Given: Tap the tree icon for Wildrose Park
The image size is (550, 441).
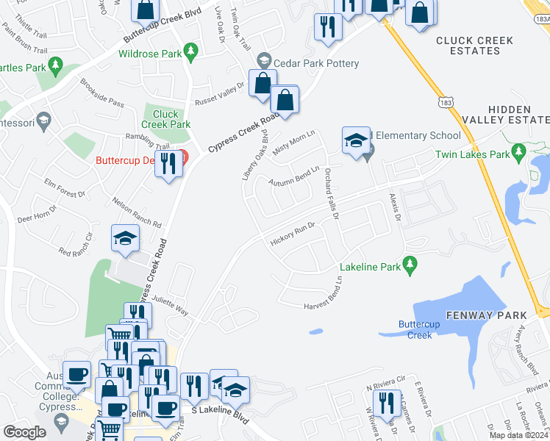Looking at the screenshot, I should click(191, 51).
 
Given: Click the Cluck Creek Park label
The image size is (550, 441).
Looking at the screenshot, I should click(166, 119).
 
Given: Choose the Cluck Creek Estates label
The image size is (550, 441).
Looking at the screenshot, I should click(478, 46).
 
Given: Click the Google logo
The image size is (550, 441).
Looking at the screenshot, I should click(24, 432).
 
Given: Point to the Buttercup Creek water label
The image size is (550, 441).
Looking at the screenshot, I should click(415, 330).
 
